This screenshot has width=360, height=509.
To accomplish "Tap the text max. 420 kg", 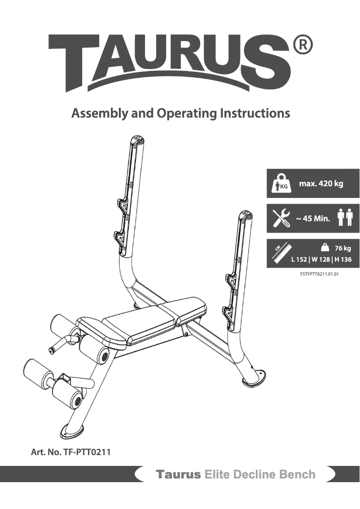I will [321, 184].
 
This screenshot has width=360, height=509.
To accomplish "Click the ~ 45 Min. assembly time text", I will [313, 219].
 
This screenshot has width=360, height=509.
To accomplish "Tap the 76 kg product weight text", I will [343, 248].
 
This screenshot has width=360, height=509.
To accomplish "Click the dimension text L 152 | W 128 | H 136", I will [321, 259].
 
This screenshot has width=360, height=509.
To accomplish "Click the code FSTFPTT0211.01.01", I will [319, 273].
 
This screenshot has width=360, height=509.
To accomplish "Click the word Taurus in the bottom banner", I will [178, 475].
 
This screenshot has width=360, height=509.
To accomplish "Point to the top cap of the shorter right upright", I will [246, 215].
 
